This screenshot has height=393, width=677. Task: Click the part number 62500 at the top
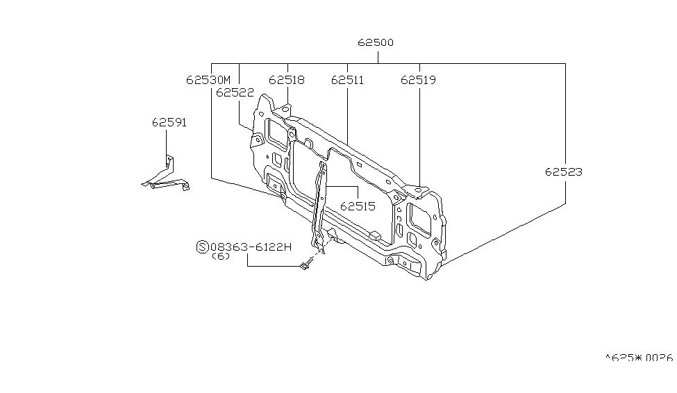[376, 42]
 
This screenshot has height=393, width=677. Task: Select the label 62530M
[208, 80]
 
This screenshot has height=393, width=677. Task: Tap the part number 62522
[234, 92]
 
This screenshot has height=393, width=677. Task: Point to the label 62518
[286, 80]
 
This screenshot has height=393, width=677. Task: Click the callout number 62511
[347, 80]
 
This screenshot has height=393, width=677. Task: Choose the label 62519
[418, 80]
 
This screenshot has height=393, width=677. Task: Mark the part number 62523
[563, 172]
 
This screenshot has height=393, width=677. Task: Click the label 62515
[358, 206]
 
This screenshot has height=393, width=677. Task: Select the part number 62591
[169, 122]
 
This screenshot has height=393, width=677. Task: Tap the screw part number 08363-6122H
[251, 246]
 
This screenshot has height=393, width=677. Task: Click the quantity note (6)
[220, 256]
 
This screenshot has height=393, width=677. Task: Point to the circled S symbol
[202, 246]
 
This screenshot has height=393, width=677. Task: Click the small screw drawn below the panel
[306, 265]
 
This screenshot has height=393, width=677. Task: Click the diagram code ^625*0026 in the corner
[638, 358]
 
